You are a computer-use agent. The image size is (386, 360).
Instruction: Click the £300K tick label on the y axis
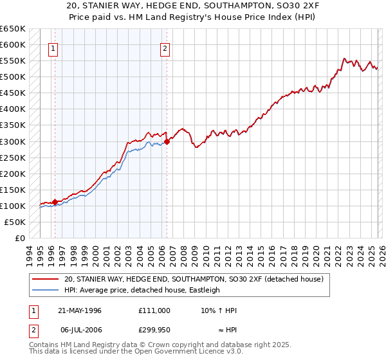coord(12,141)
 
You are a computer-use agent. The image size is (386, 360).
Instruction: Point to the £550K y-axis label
coord(12,61)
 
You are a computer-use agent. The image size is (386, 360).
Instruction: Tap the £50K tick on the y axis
coord(15,222)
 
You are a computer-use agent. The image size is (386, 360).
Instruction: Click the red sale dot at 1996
coord(55,202)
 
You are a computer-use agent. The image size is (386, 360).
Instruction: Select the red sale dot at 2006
coord(167,141)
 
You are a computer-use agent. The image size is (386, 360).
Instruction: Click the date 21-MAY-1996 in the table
coord(80,310)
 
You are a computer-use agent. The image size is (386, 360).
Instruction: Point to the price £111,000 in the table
coord(154,310)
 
